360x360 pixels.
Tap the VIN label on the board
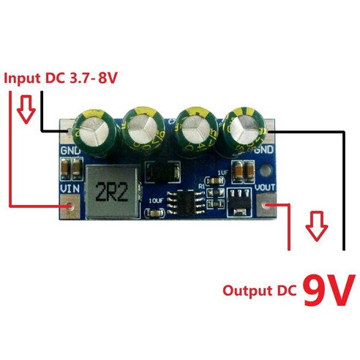(x=69, y=188)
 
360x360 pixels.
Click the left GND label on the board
(x=69, y=151)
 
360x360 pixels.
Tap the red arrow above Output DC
(x=315, y=228)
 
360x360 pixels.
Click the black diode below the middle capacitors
(x=160, y=173)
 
